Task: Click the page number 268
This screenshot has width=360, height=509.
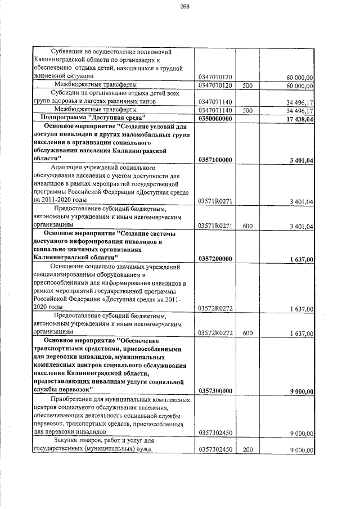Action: coord(184,7)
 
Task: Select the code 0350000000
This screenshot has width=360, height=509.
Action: coord(215,118)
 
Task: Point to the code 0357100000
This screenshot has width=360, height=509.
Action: coord(215,160)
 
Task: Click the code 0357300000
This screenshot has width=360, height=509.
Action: coord(215,391)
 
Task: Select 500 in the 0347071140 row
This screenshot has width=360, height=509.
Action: coord(247,110)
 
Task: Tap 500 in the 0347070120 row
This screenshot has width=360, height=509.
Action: coord(247,85)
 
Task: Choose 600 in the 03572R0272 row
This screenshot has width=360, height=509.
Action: coord(247,334)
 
